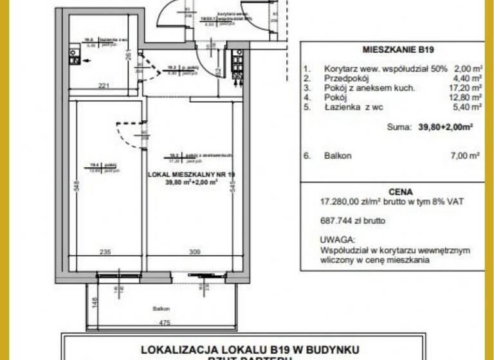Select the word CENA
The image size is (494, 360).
[392, 191]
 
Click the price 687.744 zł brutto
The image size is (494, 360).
[352, 221]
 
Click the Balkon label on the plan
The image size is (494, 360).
[161, 309]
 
